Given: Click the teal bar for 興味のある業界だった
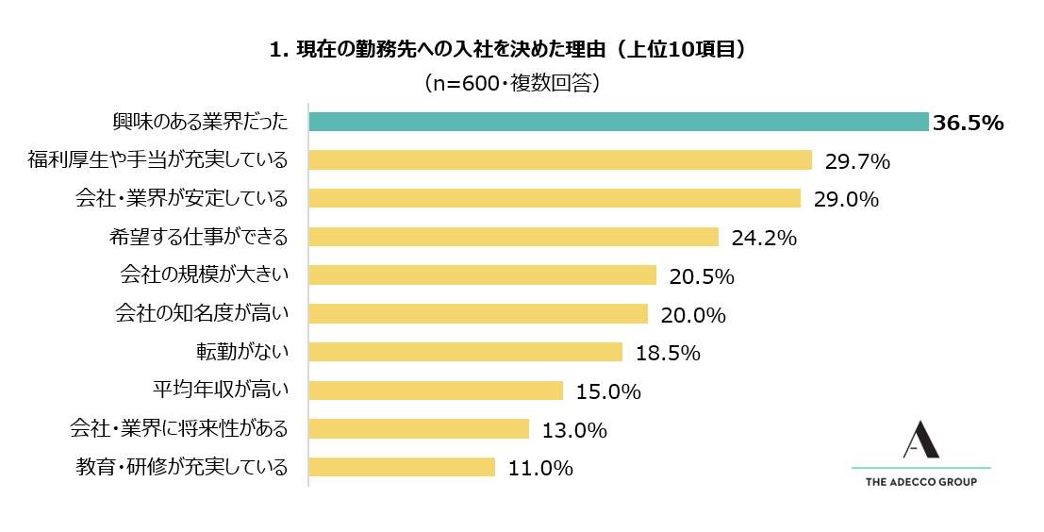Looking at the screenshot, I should tap(619, 122).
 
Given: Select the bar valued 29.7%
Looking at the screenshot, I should tap(560, 160).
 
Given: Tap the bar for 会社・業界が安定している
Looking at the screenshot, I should tap(555, 198).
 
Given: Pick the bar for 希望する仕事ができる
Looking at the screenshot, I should tap(513, 237).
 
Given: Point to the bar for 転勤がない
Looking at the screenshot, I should tap(465, 352).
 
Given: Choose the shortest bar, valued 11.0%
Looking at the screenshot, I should tap(402, 467).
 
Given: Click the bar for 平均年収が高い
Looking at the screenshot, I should tap(436, 391).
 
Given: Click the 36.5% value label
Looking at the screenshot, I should tap(967, 124).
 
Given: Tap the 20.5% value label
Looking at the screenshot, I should tap(702, 276).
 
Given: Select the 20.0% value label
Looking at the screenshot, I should tap(693, 315).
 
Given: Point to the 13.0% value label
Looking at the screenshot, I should tap(574, 430).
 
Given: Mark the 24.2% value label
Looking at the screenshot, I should tap(764, 238).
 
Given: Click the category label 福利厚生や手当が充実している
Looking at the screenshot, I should tap(157, 160).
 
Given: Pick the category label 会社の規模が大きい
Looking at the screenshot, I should tap(203, 275).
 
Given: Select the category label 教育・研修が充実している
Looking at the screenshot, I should tap(180, 467).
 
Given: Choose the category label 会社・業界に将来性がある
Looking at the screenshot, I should tap(178, 429).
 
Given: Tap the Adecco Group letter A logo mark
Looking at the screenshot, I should tap(920, 441).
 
